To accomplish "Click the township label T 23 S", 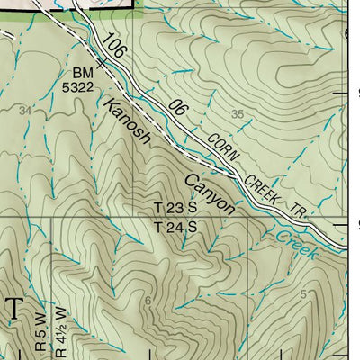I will tap(175, 209).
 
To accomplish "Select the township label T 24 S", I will tap(175, 227).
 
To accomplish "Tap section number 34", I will tap(24, 110).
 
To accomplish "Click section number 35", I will tap(238, 114).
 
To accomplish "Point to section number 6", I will tap(148, 300).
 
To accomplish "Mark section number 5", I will tap(304, 294).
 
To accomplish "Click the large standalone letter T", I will tap(15, 309).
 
